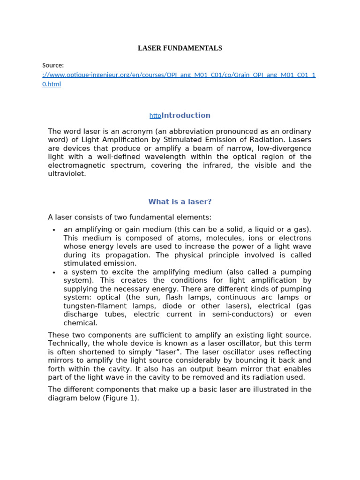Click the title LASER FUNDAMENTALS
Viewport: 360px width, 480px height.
(x=180, y=48)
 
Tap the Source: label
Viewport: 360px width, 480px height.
(x=53, y=66)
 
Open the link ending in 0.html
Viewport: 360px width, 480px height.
(x=52, y=84)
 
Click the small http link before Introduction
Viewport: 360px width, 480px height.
(x=155, y=116)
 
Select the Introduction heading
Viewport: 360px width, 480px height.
(x=186, y=115)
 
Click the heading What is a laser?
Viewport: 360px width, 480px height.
(x=180, y=202)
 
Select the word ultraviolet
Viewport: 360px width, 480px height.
(x=67, y=173)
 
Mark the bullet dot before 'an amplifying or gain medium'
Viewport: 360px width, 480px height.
(x=54, y=230)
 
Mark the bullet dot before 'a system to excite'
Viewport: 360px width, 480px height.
(x=54, y=272)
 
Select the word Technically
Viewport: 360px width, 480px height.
(x=69, y=344)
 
